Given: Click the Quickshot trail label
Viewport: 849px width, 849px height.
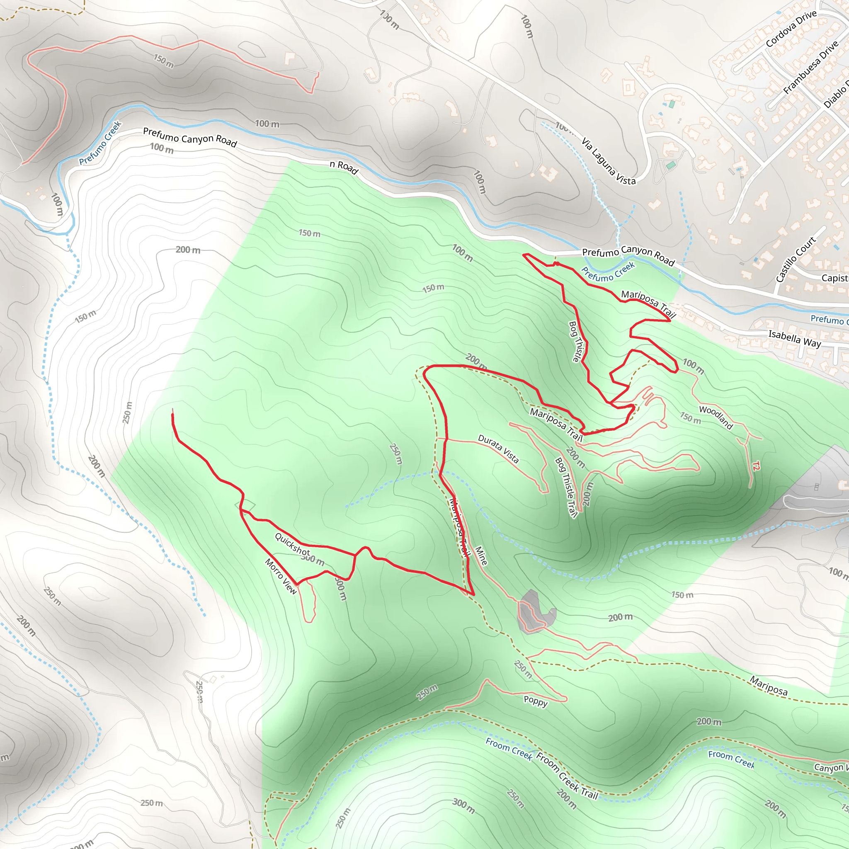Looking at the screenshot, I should click(292, 543).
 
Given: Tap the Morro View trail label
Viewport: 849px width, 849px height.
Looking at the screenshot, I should click(281, 576).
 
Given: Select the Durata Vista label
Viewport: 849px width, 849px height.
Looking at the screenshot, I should click(498, 449).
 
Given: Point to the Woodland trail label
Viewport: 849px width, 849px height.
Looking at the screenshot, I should click(716, 417).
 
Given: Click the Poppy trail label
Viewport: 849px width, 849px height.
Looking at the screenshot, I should click(535, 701).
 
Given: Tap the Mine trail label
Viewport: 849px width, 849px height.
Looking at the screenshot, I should click(481, 555).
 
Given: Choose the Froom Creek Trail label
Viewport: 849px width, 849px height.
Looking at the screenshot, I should click(567, 776).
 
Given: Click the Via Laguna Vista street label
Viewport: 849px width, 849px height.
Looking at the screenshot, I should click(608, 161).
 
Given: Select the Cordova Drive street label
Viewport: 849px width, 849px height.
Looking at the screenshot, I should click(791, 29).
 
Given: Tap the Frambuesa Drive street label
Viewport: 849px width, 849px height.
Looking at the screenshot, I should click(811, 68).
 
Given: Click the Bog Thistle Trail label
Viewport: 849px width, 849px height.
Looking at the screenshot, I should click(566, 488).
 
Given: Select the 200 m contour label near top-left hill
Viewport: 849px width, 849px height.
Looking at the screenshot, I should click(188, 250).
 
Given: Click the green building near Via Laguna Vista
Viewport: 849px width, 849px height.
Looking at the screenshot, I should click(672, 104).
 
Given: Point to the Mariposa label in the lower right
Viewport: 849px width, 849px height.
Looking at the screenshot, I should click(768, 686).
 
